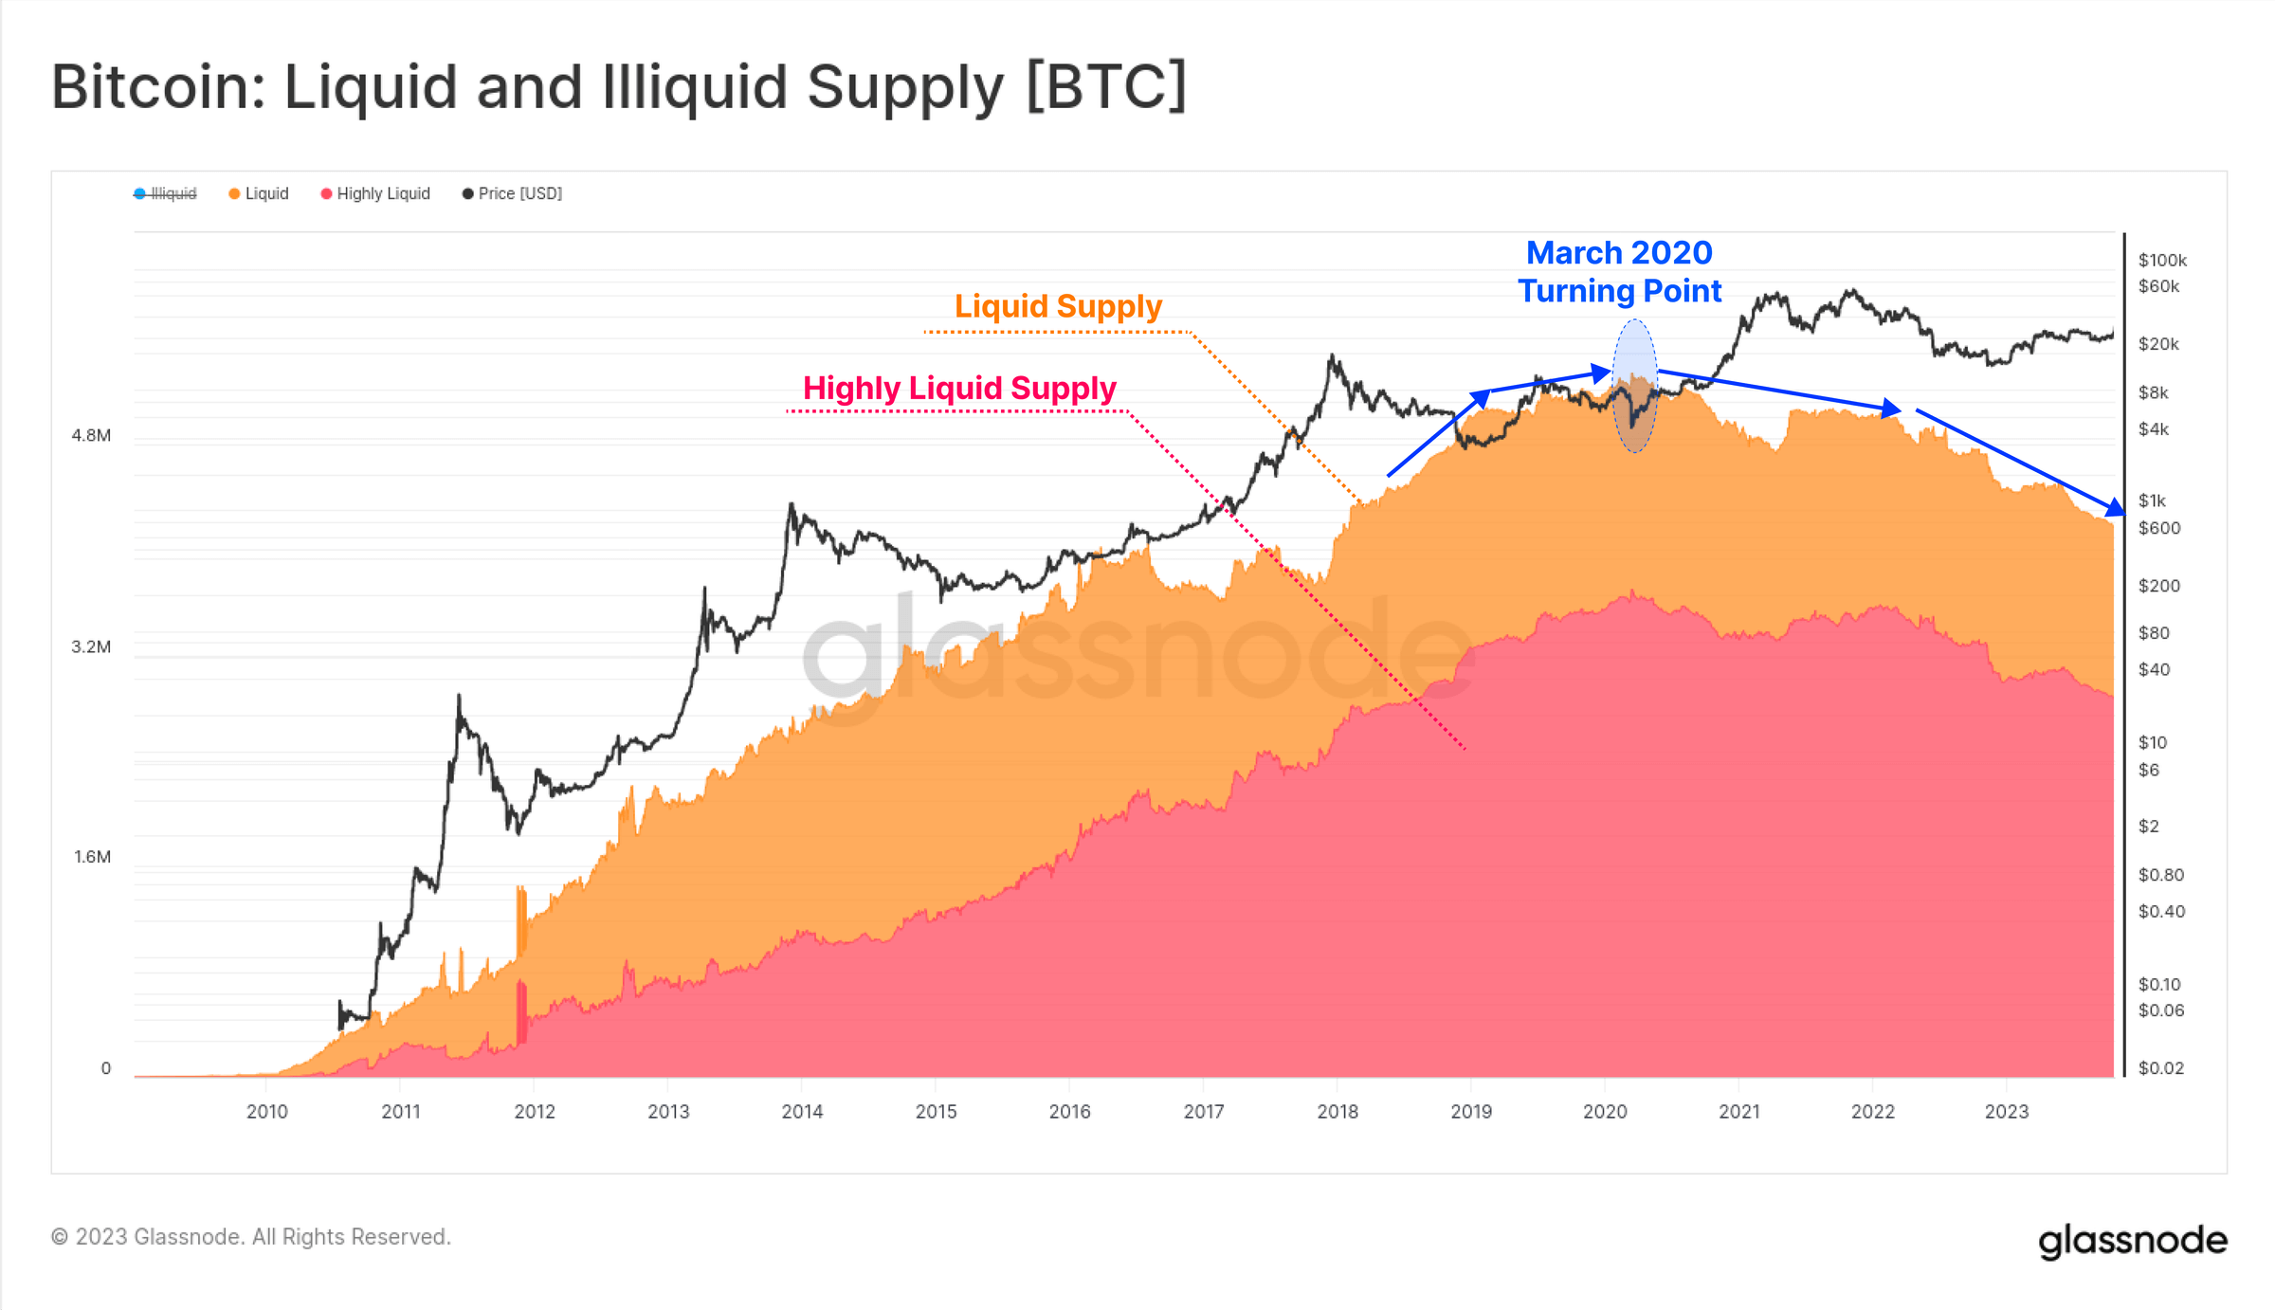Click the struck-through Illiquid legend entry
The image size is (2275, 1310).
(167, 193)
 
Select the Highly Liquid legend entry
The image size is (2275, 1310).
(376, 193)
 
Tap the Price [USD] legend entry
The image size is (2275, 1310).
(513, 193)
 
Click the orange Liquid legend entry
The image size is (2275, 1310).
(260, 193)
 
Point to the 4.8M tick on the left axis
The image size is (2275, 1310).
(91, 436)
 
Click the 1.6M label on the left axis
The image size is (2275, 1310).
(92, 857)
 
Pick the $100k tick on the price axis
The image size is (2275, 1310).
(2162, 260)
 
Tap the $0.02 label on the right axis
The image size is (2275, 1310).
(2160, 1068)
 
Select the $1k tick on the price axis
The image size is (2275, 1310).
(2152, 500)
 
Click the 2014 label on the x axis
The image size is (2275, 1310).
(802, 1112)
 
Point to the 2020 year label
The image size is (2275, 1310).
(1605, 1112)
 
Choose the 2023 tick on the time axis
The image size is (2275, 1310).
(2007, 1112)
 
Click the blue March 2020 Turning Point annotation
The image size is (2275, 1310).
(1619, 272)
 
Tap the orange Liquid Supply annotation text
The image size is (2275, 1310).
(1058, 306)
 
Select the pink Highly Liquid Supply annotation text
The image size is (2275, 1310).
(959, 388)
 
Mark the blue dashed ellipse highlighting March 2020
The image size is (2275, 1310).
(1635, 386)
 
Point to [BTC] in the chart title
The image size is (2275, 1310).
(1106, 86)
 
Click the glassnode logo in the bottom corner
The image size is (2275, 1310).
(2132, 1240)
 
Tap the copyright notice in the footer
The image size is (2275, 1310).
(251, 1237)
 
